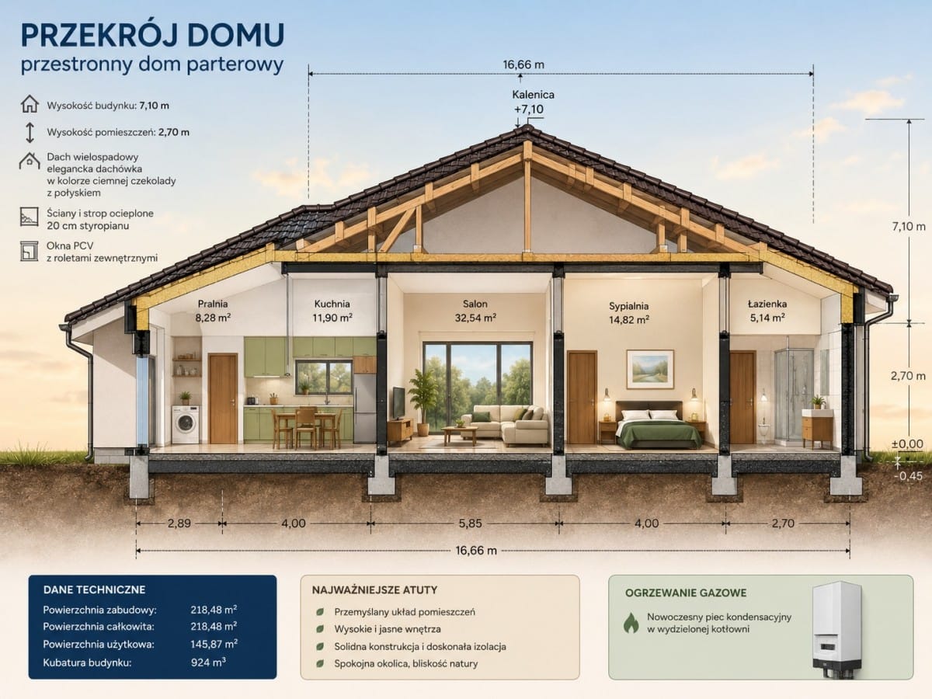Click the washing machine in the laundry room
pyautogui.click(x=185, y=424)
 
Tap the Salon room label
pyautogui.click(x=475, y=304)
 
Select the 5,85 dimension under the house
pyautogui.click(x=470, y=523)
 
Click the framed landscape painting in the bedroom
pyautogui.click(x=650, y=369)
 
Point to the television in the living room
pyautogui.click(x=398, y=403)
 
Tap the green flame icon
pyautogui.click(x=631, y=623)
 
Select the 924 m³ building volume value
pyautogui.click(x=208, y=662)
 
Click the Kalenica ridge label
pyautogui.click(x=533, y=95)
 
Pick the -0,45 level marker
pyautogui.click(x=908, y=476)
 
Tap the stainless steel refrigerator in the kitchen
pyautogui.click(x=364, y=409)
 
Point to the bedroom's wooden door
pyautogui.click(x=582, y=397)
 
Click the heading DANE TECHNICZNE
pyautogui.click(x=94, y=589)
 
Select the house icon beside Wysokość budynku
pyautogui.click(x=30, y=104)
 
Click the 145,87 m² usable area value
pyautogui.click(x=214, y=644)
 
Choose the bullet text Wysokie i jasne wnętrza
pyautogui.click(x=388, y=629)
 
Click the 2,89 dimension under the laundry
pyautogui.click(x=179, y=523)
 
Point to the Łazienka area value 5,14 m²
pyautogui.click(x=767, y=318)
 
